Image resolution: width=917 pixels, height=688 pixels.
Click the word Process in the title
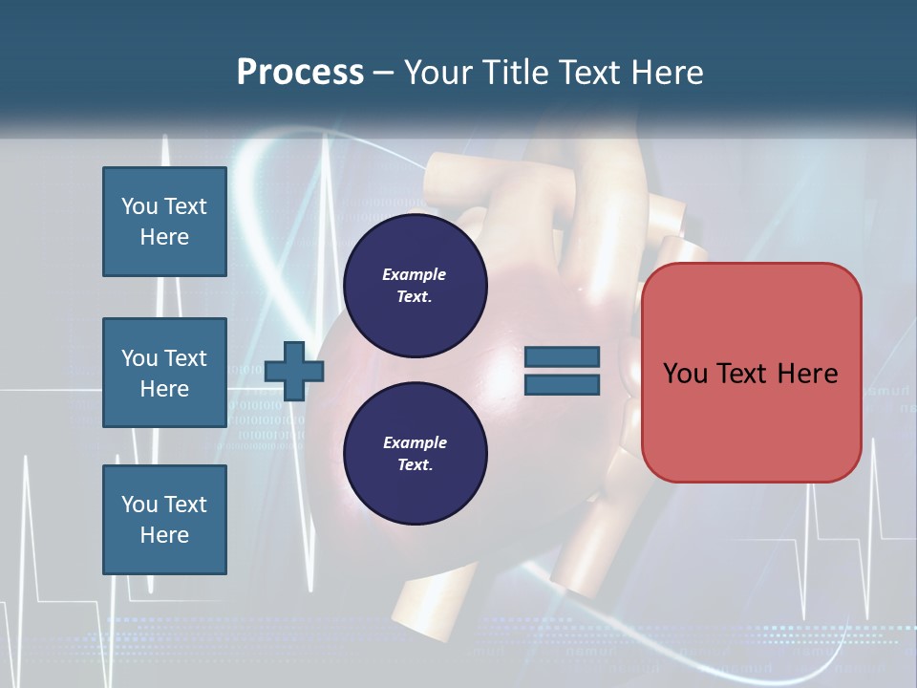click(300, 73)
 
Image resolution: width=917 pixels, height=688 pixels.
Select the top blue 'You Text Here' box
click(164, 222)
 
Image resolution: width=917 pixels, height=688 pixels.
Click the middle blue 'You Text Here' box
click(164, 373)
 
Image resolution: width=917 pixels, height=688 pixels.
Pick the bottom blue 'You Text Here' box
click(164, 520)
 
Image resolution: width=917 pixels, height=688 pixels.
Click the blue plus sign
click(294, 371)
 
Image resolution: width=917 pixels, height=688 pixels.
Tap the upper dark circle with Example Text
click(415, 285)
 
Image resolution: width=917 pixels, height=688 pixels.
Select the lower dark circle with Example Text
click(415, 453)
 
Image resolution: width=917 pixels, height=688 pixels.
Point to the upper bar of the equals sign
click(562, 357)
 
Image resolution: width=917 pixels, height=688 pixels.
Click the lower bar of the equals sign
click(562, 385)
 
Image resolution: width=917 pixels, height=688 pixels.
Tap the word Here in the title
click(667, 73)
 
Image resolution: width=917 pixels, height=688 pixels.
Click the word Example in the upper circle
click(415, 274)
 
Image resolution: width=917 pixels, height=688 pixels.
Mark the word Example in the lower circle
click(415, 442)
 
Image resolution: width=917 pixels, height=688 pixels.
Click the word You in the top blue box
click(139, 206)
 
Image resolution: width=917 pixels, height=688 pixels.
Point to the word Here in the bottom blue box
click(164, 535)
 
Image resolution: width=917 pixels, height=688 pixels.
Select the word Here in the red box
click(808, 374)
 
